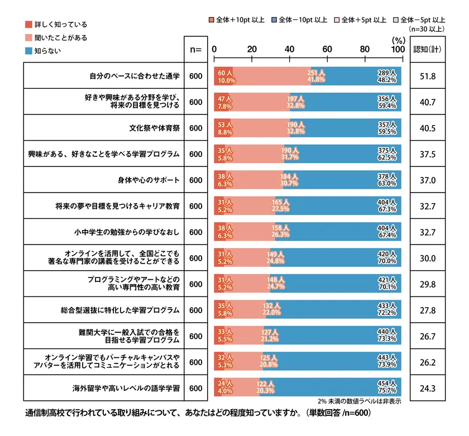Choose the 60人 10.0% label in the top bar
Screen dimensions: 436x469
[224, 76]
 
